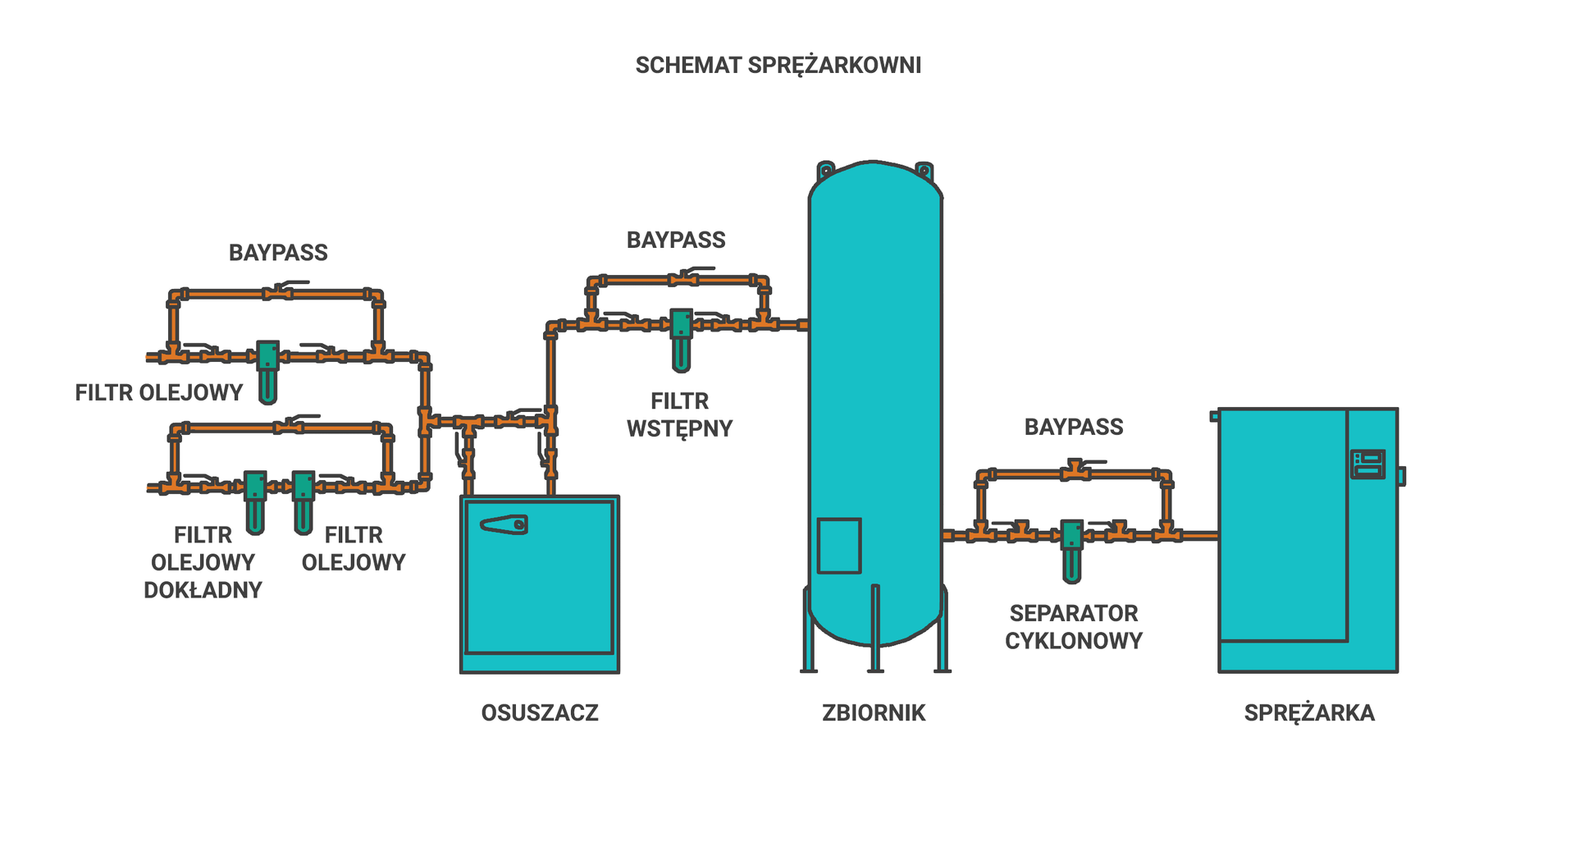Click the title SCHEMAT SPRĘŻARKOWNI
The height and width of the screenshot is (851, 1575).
tap(778, 65)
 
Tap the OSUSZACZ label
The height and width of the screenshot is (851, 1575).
tap(539, 712)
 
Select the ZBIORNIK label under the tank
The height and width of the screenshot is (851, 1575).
tap(873, 712)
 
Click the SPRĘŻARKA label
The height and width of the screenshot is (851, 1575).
tap(1308, 712)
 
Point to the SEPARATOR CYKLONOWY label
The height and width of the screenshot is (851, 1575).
tap(1073, 627)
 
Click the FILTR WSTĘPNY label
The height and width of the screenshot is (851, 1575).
tap(679, 414)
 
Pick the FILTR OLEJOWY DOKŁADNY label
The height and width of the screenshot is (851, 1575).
tap(203, 562)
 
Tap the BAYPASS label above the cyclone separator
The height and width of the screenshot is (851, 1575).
tap(1073, 427)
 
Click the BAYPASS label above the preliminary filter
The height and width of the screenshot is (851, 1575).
tap(676, 240)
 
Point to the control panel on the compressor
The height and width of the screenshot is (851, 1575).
tap(1367, 464)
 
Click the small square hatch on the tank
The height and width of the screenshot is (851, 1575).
tap(838, 545)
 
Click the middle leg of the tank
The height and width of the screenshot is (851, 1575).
tap(875, 628)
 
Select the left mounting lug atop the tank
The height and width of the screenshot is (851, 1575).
tap(825, 171)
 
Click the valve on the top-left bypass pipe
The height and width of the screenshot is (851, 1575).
tap(277, 293)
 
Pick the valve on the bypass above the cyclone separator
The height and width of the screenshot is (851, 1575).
tap(1073, 472)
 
